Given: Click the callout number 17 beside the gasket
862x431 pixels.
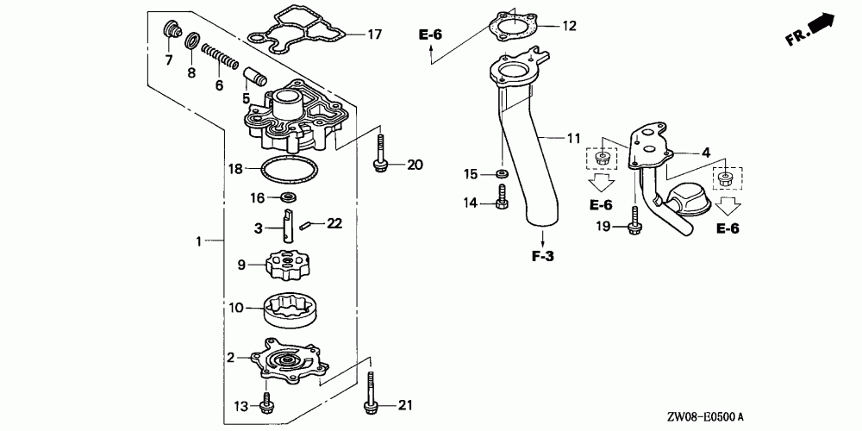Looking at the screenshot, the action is (374, 34).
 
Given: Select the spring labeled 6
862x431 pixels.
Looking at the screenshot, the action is (219, 58).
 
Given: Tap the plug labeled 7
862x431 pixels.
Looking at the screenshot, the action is (173, 32).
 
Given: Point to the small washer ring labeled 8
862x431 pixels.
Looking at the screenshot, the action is (192, 41).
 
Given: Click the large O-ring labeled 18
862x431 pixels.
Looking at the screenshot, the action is (288, 169).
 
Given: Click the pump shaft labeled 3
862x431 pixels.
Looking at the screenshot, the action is (289, 225).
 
